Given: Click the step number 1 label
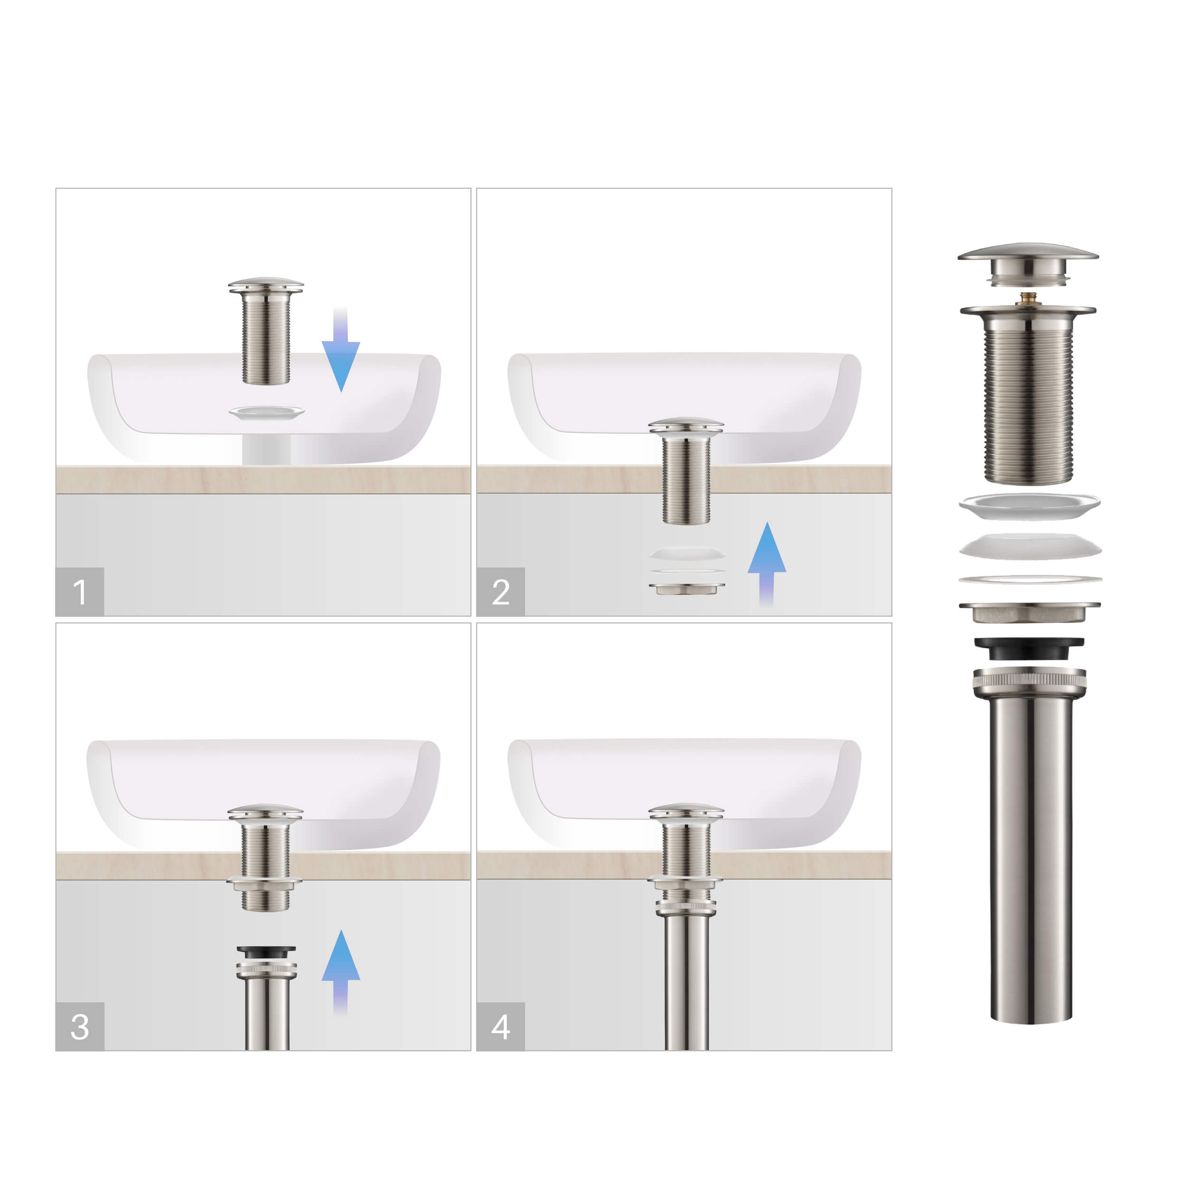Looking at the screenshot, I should tap(79, 592).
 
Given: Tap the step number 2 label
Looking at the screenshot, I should tap(500, 592).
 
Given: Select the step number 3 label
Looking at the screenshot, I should tap(79, 1026).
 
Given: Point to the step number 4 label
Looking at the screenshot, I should tap(500, 1026).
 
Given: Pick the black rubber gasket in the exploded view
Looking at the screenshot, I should tap(1029, 648).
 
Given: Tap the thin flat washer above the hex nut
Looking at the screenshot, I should tap(1030, 579).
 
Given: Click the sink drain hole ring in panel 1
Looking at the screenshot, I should tap(266, 412).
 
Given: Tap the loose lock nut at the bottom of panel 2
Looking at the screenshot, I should tap(687, 588).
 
